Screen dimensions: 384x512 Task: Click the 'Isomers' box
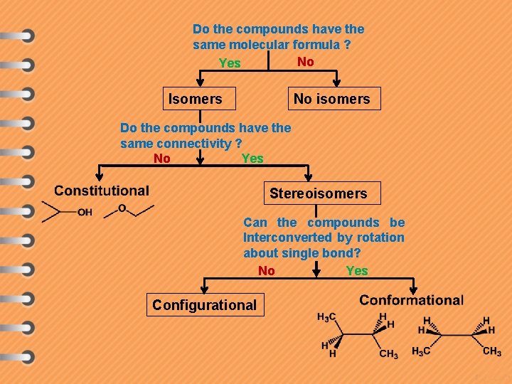195,99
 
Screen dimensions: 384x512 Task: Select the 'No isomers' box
332,99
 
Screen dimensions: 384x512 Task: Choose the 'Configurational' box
204,305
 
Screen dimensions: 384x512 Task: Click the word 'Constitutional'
102,191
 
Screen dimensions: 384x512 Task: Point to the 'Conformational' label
411,300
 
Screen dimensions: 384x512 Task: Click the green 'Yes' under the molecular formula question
230,63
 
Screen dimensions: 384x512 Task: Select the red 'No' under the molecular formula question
306,62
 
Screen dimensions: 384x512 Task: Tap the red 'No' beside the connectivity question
162,158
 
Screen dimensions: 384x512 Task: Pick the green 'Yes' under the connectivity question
252,158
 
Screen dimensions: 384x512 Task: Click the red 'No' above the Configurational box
267,270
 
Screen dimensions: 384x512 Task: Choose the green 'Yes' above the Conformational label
357,270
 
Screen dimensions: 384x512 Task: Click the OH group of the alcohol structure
85,212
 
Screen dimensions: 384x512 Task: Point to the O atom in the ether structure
122,208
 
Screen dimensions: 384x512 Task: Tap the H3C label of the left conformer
326,317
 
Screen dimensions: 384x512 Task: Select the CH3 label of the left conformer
388,354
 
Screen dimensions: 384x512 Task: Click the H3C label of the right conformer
421,352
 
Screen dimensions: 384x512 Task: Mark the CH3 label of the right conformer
491,351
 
